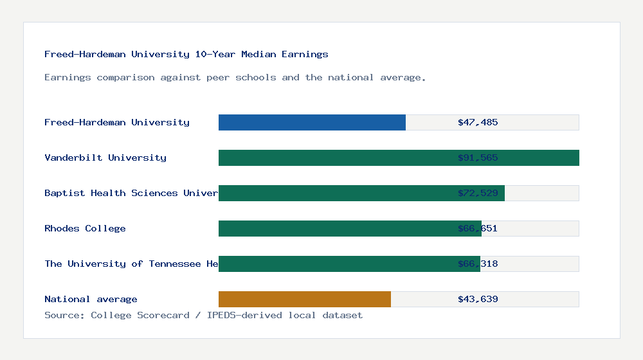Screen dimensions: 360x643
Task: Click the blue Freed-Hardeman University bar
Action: [x=312, y=122]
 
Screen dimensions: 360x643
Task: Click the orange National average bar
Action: [x=305, y=299]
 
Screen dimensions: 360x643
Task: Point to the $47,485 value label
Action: [x=478, y=122]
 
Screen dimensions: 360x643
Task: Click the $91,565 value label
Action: [x=478, y=157]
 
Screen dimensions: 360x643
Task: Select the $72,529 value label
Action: [x=478, y=193]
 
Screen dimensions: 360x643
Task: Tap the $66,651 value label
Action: [x=478, y=228]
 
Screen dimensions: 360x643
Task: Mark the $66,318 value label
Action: [x=478, y=264]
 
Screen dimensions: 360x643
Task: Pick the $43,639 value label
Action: [x=478, y=299]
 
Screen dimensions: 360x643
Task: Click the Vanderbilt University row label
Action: [x=105, y=157]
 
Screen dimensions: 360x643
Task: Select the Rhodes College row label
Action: [x=85, y=228]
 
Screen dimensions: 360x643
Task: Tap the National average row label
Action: [x=91, y=299]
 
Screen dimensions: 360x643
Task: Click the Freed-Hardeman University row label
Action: [x=117, y=122]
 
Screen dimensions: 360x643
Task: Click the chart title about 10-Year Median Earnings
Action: [x=186, y=54]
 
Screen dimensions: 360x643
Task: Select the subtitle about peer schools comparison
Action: [x=235, y=77]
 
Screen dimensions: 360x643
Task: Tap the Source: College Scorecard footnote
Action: [x=203, y=315]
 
